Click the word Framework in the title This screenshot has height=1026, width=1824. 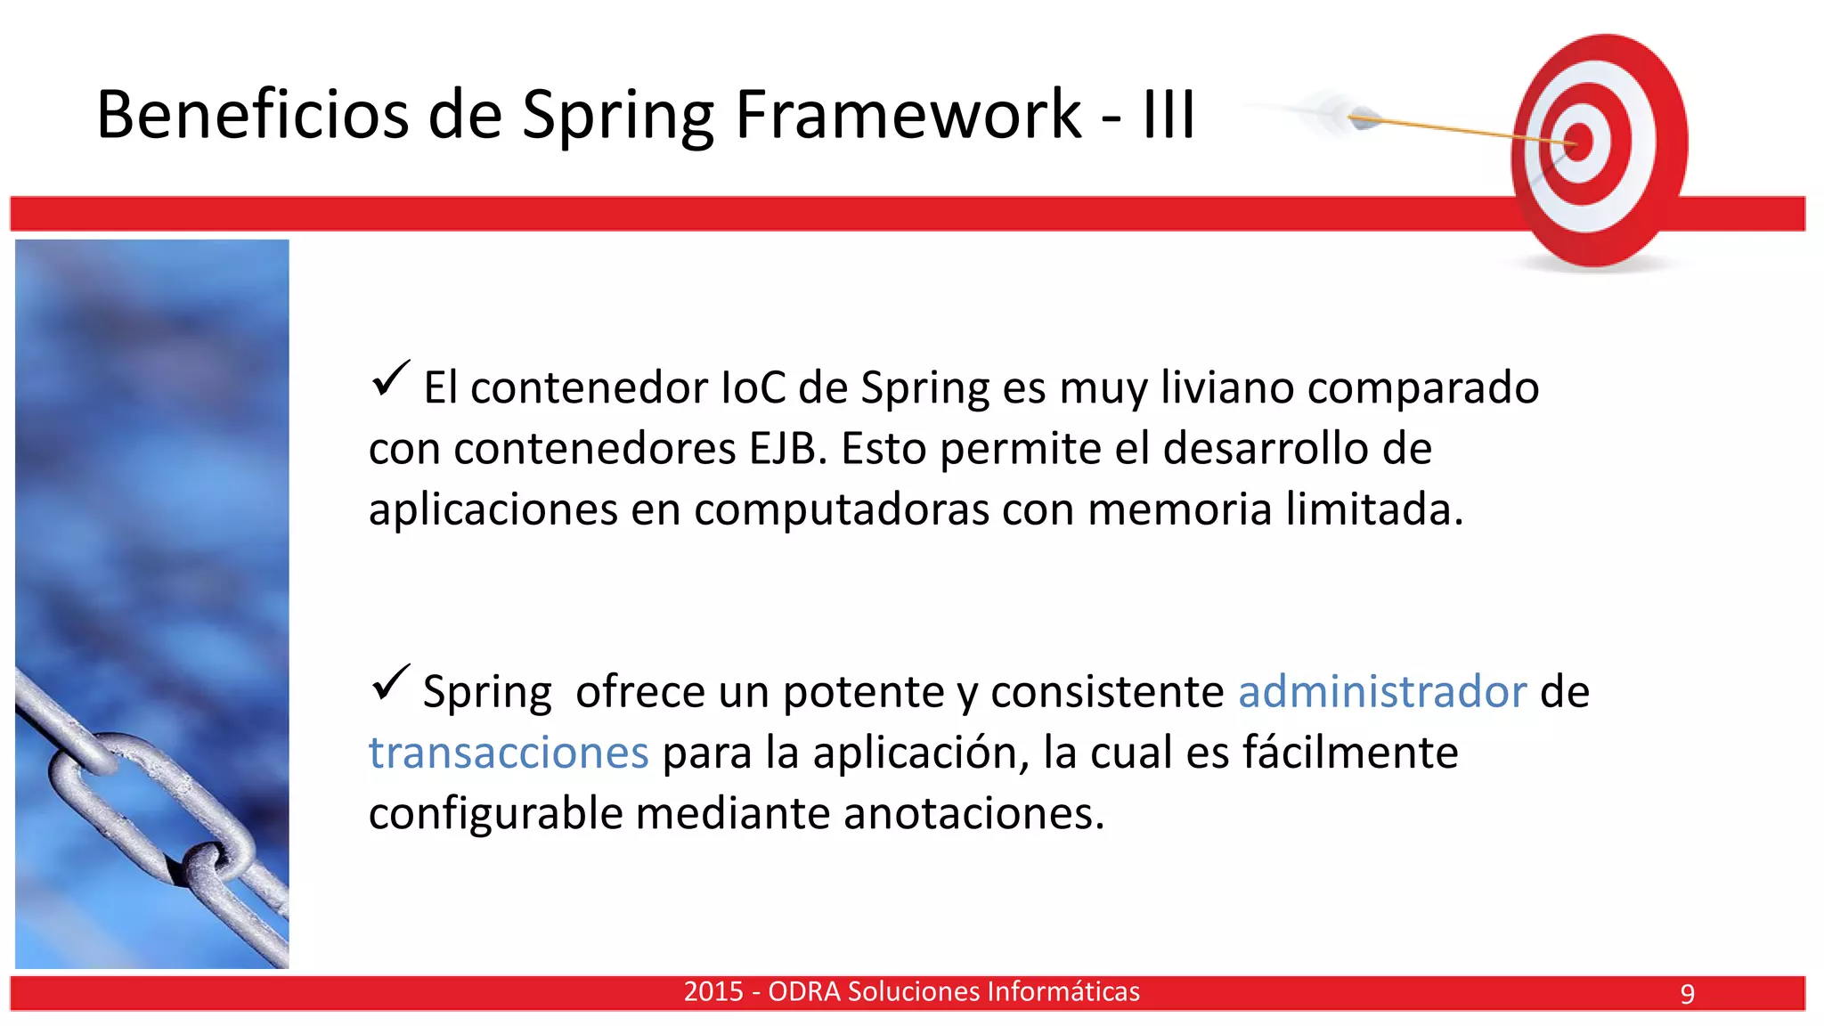(908, 115)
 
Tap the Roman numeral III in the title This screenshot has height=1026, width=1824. (1168, 115)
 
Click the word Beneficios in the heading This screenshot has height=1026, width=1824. (252, 115)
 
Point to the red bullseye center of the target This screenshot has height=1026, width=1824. (1578, 142)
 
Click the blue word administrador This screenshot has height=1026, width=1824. (1382, 692)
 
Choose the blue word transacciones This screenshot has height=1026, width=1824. (509, 753)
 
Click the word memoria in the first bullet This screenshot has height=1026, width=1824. (1179, 509)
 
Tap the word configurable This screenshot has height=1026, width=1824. (495, 814)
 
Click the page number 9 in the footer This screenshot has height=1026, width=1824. (1687, 994)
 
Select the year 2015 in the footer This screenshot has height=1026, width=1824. (713, 992)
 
